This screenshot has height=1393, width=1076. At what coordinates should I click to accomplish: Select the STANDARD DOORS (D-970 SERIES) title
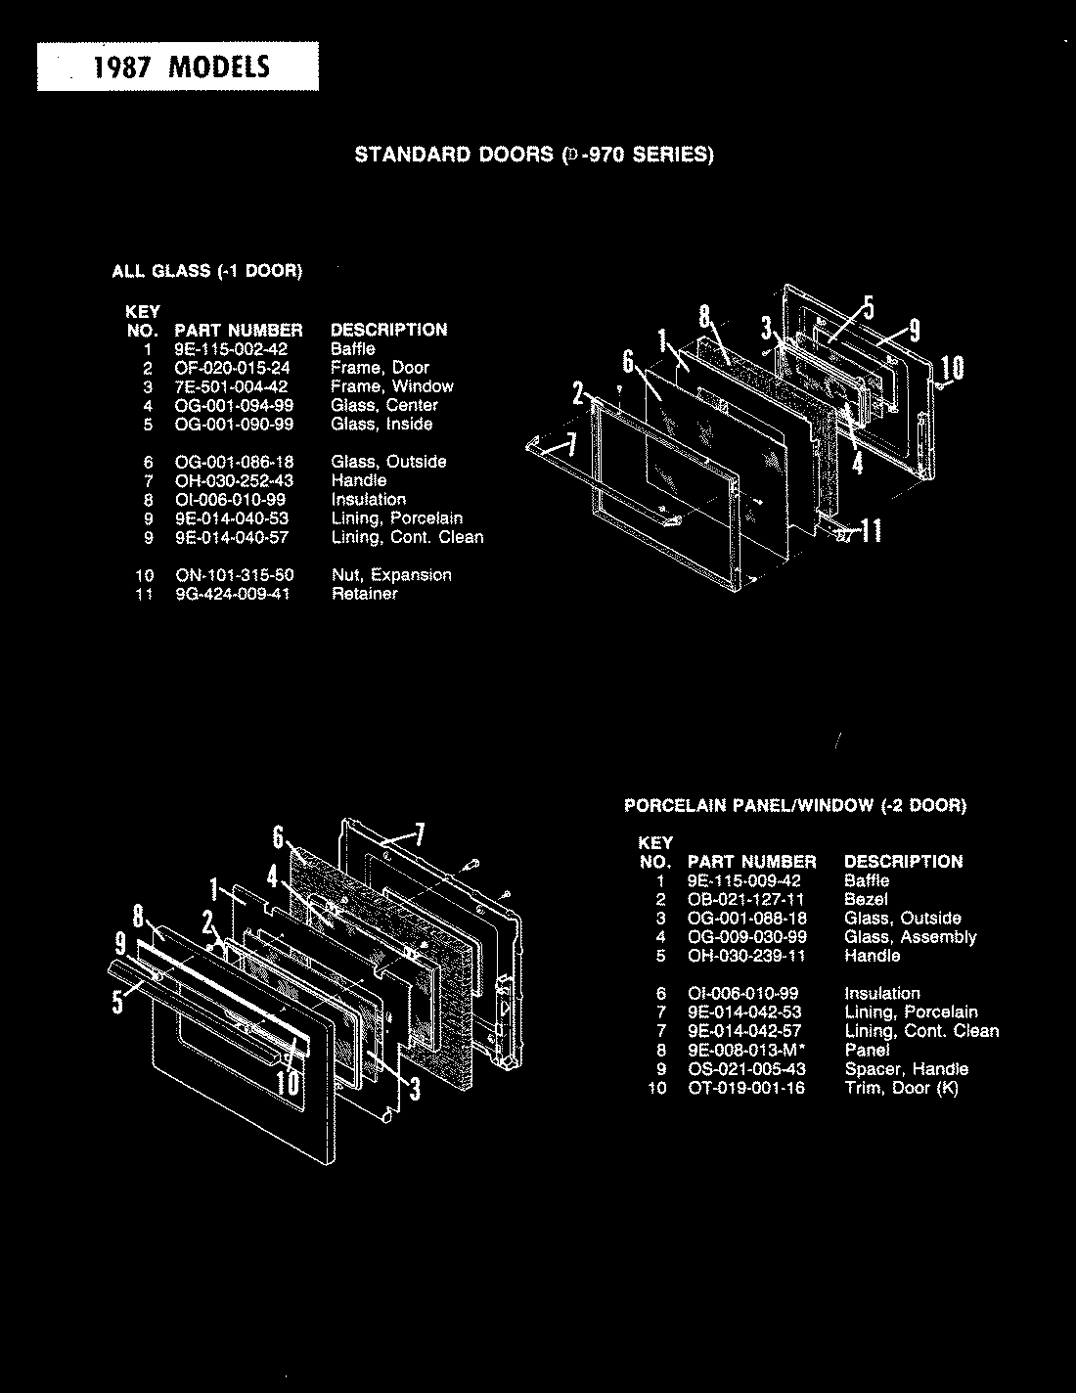(x=534, y=155)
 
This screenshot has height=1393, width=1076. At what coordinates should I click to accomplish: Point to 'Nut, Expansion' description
(x=391, y=575)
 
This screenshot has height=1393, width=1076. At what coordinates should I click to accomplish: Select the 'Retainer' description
(x=364, y=594)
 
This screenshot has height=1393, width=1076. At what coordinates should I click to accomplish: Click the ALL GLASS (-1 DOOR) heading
(x=206, y=271)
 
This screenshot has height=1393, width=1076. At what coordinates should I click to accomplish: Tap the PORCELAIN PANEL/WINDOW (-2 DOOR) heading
(x=795, y=806)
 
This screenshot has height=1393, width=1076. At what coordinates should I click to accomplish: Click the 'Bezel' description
(x=866, y=899)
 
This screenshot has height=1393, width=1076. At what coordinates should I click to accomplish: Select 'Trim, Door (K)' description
(x=901, y=1088)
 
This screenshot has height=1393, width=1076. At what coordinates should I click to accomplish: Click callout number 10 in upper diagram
(x=952, y=368)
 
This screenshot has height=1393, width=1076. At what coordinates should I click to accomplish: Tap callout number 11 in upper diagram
(x=871, y=531)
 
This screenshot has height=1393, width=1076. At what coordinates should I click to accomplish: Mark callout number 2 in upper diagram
(x=579, y=396)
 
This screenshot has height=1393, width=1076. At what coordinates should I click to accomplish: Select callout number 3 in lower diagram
(x=414, y=1087)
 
